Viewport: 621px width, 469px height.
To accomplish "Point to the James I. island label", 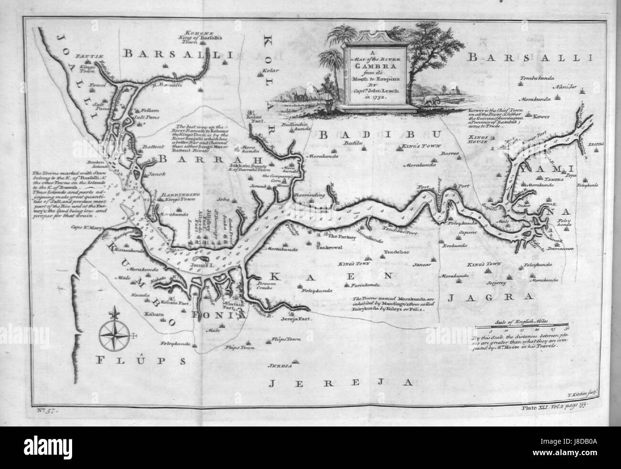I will (204, 264).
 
